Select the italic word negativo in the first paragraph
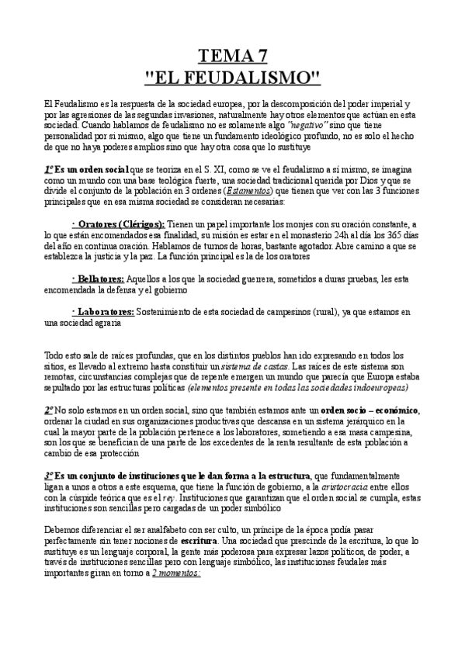point(308,124)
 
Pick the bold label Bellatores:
point(98,278)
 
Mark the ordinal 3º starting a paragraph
point(50,474)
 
